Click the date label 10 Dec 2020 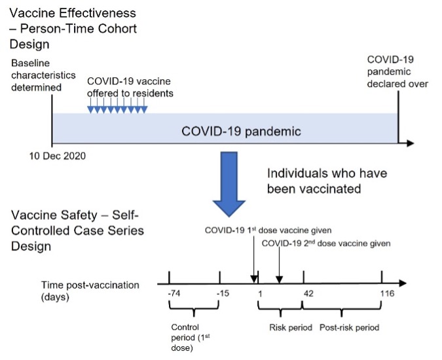coord(58,156)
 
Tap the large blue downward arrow coord(229,184)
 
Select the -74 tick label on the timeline coord(174,293)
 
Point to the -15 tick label coord(223,293)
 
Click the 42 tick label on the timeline coord(308,294)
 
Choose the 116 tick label coord(387,293)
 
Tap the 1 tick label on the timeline coord(260,294)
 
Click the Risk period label coord(291,328)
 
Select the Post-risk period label coord(349,328)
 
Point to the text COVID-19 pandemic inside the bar coord(241,132)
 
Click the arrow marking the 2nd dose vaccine coord(279,265)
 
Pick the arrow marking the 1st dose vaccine coord(253,259)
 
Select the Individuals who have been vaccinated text coord(327,181)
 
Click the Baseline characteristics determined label coord(43,75)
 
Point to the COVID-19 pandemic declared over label coord(397,71)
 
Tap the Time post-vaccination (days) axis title coord(90,291)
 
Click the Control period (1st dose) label coord(191,338)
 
